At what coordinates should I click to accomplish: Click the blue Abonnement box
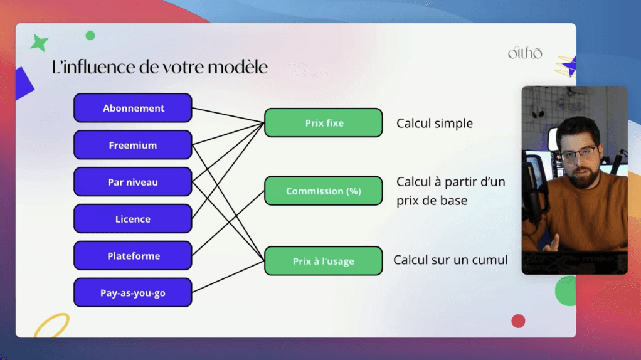click(132, 108)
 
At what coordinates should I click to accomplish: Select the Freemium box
click(132, 145)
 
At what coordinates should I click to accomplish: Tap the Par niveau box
click(132, 182)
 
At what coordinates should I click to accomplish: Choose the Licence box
click(132, 219)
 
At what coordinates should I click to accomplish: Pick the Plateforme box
click(132, 256)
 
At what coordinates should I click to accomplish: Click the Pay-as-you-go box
click(132, 293)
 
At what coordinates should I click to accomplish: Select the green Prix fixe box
click(324, 123)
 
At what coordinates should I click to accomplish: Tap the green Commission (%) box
click(324, 191)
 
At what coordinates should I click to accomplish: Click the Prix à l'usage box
click(324, 261)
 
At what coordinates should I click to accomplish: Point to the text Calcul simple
click(434, 124)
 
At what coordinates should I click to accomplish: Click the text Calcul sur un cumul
click(450, 260)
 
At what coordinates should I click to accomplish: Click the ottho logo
click(524, 53)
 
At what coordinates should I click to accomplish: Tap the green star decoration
click(40, 43)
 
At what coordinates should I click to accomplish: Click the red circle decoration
click(518, 321)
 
